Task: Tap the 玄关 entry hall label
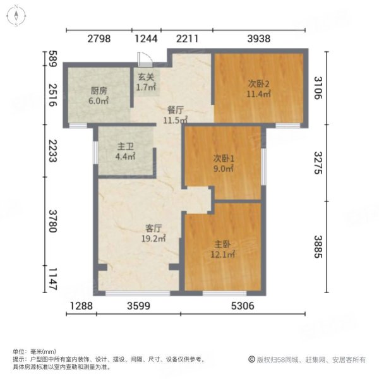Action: [147, 78]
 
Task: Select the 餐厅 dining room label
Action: [175, 109]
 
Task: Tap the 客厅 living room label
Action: [152, 229]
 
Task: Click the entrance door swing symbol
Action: [145, 58]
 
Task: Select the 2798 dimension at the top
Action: [99, 39]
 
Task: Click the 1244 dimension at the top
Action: [146, 39]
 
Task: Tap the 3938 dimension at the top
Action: [258, 39]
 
